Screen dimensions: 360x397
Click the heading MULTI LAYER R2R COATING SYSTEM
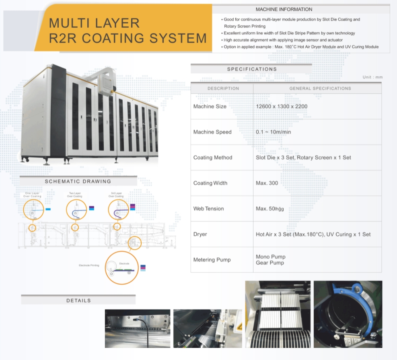pyautogui.click(x=128, y=31)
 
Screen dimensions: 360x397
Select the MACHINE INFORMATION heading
pyautogui.click(x=284, y=9)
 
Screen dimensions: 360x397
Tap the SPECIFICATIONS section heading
pyautogui.click(x=252, y=69)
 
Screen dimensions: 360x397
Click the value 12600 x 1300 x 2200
pyautogui.click(x=281, y=107)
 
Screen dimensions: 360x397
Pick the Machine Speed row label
pyautogui.click(x=212, y=132)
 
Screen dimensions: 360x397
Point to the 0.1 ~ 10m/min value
pyautogui.click(x=273, y=132)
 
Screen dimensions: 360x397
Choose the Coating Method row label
pyautogui.click(x=213, y=158)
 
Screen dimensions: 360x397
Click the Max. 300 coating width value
pyautogui.click(x=267, y=183)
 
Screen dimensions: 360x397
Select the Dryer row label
pyautogui.click(x=200, y=234)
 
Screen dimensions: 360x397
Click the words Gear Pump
pyautogui.click(x=269, y=263)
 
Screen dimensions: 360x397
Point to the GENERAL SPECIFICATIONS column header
pyautogui.click(x=320, y=88)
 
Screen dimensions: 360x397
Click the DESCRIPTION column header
pyautogui.click(x=223, y=88)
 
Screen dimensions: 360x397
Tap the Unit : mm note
pyautogui.click(x=372, y=77)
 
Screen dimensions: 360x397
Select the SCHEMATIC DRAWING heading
pyautogui.click(x=78, y=181)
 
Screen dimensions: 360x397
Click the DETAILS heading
pyautogui.click(x=78, y=300)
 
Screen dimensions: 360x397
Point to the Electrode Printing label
pyautogui.click(x=89, y=265)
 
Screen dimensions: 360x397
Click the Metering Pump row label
pyautogui.click(x=212, y=260)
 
